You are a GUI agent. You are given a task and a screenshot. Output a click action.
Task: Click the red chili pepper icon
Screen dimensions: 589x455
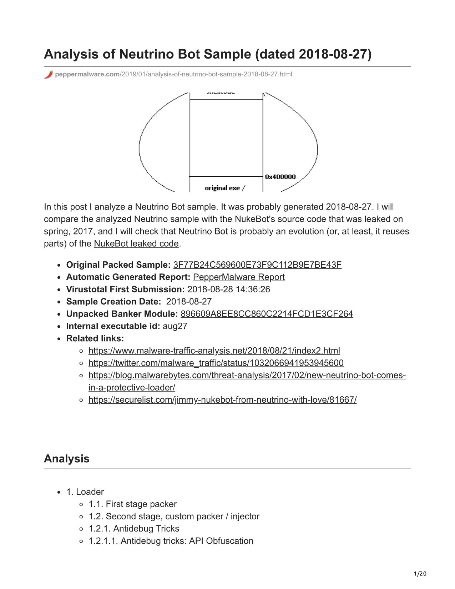(49, 74)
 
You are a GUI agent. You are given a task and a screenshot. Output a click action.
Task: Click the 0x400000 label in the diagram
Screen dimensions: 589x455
(280, 177)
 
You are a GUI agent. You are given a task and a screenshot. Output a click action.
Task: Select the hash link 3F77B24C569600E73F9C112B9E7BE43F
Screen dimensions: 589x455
(257, 265)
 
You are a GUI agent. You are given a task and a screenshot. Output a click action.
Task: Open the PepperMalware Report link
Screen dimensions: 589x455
(239, 277)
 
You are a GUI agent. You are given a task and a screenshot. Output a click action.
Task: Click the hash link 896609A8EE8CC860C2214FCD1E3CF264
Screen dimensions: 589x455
(267, 314)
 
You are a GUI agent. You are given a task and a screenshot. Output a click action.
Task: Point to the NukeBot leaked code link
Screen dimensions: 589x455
(136, 244)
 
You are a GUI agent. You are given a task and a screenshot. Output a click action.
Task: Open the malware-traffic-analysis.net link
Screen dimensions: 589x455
(214, 351)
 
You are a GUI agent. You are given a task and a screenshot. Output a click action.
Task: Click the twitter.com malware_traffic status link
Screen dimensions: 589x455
(216, 363)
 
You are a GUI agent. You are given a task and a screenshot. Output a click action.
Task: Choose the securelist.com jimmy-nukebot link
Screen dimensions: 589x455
(222, 400)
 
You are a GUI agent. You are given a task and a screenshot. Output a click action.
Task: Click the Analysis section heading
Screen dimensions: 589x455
(67, 459)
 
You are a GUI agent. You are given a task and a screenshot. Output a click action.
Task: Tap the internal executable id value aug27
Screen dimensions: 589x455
(175, 326)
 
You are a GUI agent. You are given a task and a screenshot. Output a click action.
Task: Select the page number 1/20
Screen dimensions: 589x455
(420, 574)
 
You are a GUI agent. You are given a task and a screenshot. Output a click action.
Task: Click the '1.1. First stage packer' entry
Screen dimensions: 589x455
(132, 504)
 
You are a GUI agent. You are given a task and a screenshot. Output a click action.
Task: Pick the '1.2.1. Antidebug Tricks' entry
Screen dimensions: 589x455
(134, 529)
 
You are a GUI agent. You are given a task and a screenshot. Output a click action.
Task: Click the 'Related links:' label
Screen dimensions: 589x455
(95, 338)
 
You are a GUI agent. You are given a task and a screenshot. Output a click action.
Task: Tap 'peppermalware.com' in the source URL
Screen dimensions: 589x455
(87, 74)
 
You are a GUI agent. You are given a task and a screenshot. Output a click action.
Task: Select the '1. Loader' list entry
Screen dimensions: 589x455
(85, 492)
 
